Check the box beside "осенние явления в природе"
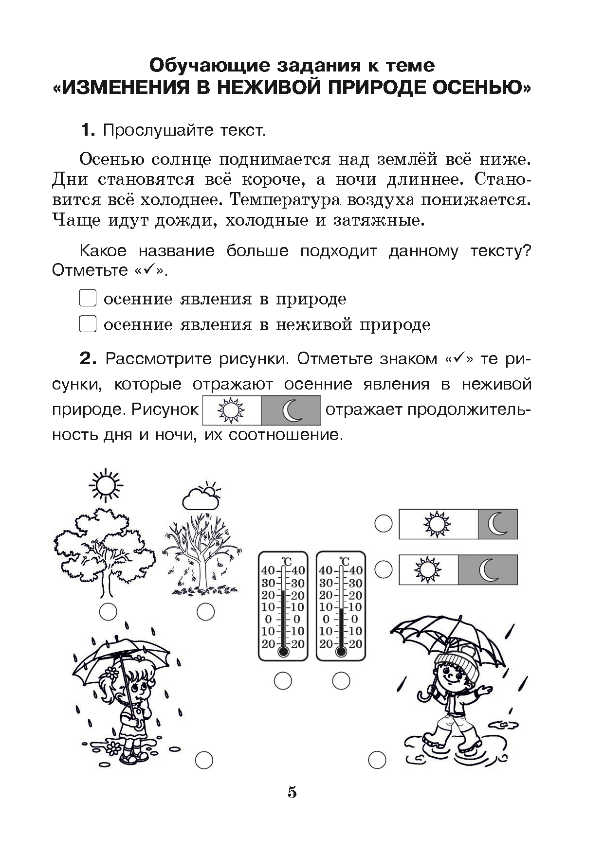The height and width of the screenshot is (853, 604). pyautogui.click(x=87, y=298)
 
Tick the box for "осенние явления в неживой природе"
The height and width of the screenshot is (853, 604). pyautogui.click(x=87, y=324)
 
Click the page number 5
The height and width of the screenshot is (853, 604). pyautogui.click(x=292, y=793)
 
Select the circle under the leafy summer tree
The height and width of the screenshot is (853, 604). pyautogui.click(x=108, y=612)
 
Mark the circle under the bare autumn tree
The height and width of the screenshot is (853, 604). pyautogui.click(x=205, y=612)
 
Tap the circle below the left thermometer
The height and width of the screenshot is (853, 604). pyautogui.click(x=283, y=680)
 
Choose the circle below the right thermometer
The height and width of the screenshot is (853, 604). pyautogui.click(x=341, y=680)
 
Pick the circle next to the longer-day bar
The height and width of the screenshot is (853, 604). pyautogui.click(x=384, y=524)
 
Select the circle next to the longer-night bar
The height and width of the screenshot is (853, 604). pyautogui.click(x=384, y=569)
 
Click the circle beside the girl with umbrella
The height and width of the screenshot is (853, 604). pyautogui.click(x=204, y=772)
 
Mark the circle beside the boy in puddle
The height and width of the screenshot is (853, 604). pyautogui.click(x=377, y=772)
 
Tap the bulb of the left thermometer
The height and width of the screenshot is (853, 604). pyautogui.click(x=283, y=651)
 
